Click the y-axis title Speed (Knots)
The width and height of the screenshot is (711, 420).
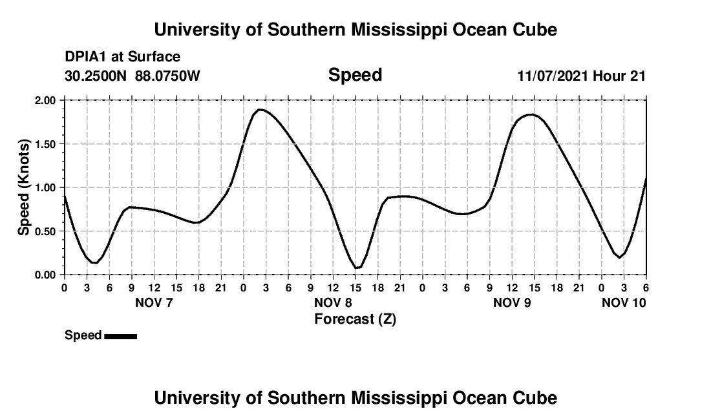click(x=24, y=187)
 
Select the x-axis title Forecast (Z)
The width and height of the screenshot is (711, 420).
click(x=355, y=319)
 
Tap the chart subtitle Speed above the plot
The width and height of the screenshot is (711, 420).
click(x=355, y=75)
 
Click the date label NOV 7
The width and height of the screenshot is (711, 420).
click(x=154, y=302)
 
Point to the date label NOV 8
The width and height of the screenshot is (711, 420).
click(x=333, y=302)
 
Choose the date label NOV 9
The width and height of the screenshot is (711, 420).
click(x=512, y=302)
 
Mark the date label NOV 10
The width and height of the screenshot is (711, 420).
click(x=624, y=302)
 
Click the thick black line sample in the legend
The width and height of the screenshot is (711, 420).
click(x=120, y=336)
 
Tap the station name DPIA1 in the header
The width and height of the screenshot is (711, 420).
click(x=86, y=57)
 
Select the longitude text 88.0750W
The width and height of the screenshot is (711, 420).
click(x=167, y=76)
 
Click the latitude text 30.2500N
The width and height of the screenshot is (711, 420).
click(x=97, y=76)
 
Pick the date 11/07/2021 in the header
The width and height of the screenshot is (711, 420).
click(x=553, y=76)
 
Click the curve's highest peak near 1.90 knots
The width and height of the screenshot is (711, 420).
click(x=260, y=110)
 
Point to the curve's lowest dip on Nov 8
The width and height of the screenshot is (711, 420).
click(x=357, y=268)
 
